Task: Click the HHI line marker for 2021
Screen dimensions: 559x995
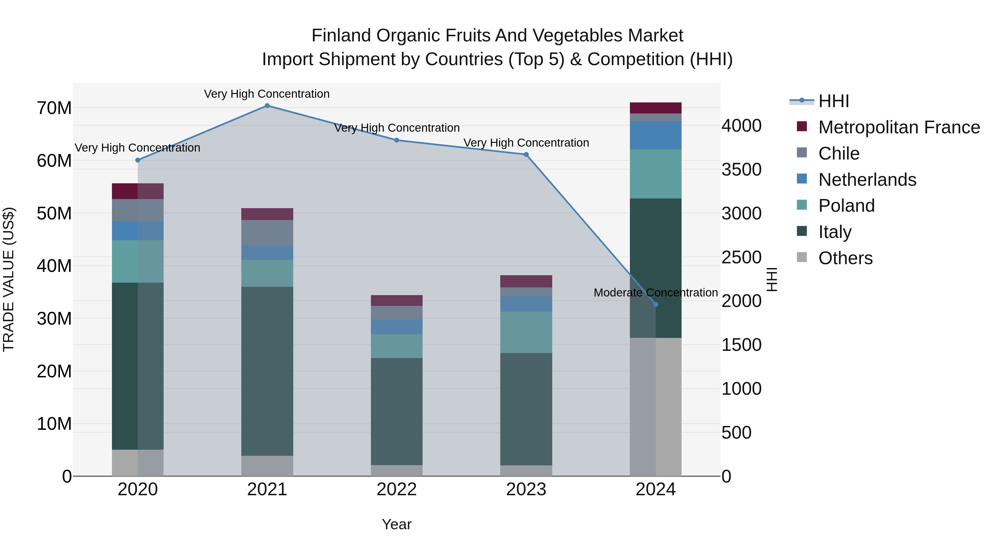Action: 267,106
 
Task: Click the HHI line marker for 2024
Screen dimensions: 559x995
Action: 656,304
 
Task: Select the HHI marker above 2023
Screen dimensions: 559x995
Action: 526,155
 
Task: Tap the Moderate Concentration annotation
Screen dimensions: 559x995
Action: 656,293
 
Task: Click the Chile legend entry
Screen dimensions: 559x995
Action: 839,153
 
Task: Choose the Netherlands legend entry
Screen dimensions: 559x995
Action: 867,180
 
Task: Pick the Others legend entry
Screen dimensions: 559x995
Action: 845,258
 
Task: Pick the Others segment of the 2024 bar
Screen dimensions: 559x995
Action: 656,407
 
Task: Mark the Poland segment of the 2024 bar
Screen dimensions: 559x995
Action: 656,174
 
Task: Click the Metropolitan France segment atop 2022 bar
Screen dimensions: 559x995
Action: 396,301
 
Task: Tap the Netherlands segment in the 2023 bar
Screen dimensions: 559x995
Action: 526,304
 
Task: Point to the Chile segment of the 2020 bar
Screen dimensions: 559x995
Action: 138,210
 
